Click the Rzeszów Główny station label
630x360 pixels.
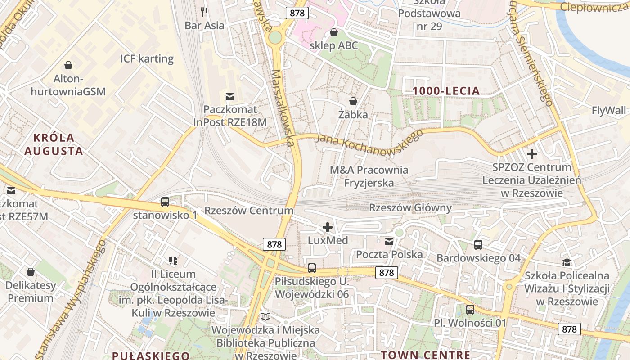pyautogui.click(x=410, y=207)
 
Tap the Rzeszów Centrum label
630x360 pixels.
pyautogui.click(x=249, y=211)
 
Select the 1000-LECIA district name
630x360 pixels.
pyautogui.click(x=446, y=91)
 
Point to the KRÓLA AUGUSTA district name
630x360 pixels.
pyautogui.click(x=54, y=144)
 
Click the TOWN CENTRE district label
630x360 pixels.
pyautogui.click(x=426, y=355)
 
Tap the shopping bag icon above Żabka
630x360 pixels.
pyautogui.click(x=353, y=101)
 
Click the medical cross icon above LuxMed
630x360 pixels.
pyautogui.click(x=328, y=227)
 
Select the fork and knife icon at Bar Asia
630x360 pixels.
pyautogui.click(x=204, y=11)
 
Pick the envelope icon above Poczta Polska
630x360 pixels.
pyautogui.click(x=389, y=242)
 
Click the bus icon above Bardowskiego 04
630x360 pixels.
pyautogui.click(x=478, y=245)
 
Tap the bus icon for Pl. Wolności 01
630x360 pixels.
pyautogui.click(x=470, y=310)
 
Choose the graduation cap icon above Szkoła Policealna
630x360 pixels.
pyautogui.click(x=567, y=262)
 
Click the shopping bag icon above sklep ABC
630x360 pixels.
pyautogui.click(x=334, y=32)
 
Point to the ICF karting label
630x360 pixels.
pyautogui.click(x=147, y=58)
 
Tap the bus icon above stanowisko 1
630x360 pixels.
pyautogui.click(x=165, y=202)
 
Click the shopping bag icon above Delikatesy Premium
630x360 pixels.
pyautogui.click(x=31, y=272)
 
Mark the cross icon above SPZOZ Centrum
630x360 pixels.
pyautogui.click(x=532, y=154)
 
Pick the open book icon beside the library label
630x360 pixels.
pyautogui.click(x=265, y=317)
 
